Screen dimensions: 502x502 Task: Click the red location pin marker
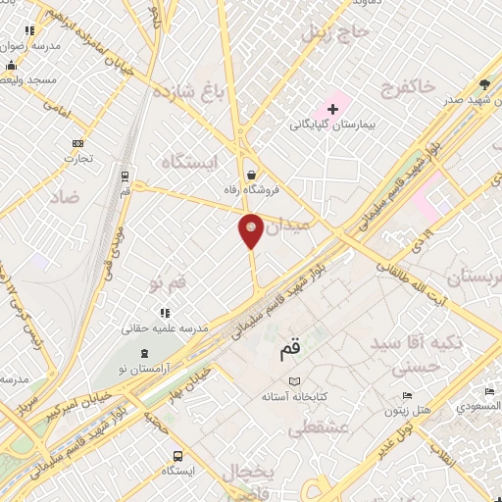click(x=251, y=229)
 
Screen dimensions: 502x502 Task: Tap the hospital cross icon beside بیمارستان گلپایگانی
click(x=332, y=107)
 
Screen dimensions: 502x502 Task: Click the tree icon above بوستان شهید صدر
click(x=484, y=83)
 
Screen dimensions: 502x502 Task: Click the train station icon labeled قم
click(x=125, y=176)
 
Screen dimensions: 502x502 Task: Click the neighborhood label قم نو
click(x=167, y=284)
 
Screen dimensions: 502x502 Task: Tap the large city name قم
click(x=290, y=347)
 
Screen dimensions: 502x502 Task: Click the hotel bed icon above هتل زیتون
click(x=407, y=397)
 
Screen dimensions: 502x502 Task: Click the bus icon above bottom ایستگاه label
click(x=177, y=456)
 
